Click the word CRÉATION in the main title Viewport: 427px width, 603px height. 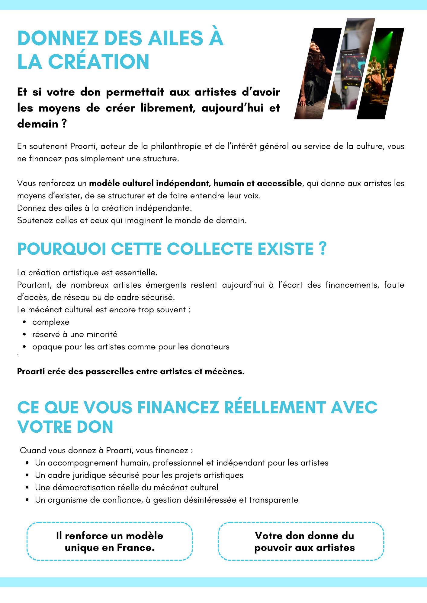coord(98,62)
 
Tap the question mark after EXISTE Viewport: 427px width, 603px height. coord(323,249)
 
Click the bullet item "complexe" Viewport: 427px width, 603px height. coord(51,322)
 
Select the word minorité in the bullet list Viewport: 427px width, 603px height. coord(102,335)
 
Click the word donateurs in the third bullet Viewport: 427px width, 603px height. coord(210,347)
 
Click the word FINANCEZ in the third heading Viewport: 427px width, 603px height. coord(178,408)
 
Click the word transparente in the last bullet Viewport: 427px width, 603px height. coord(274,500)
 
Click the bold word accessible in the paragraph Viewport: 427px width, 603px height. coord(279,183)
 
